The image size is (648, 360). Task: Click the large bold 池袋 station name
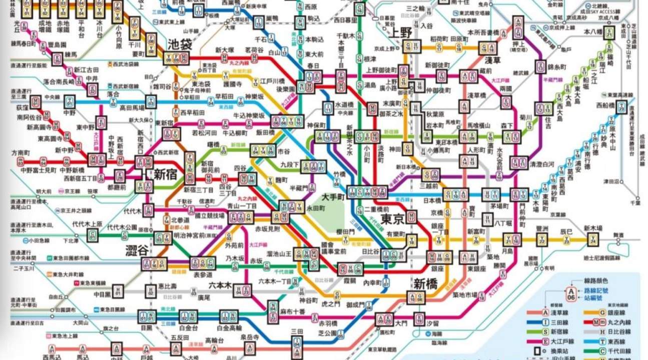tap(180, 44)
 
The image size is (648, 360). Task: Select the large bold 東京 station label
tap(392, 219)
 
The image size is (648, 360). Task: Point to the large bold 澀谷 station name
tap(137, 250)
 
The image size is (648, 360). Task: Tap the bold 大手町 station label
tap(335, 196)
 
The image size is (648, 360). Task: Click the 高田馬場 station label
tap(132, 107)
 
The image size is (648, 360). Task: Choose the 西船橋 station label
tap(606, 105)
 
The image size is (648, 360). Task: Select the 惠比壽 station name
tap(167, 286)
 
